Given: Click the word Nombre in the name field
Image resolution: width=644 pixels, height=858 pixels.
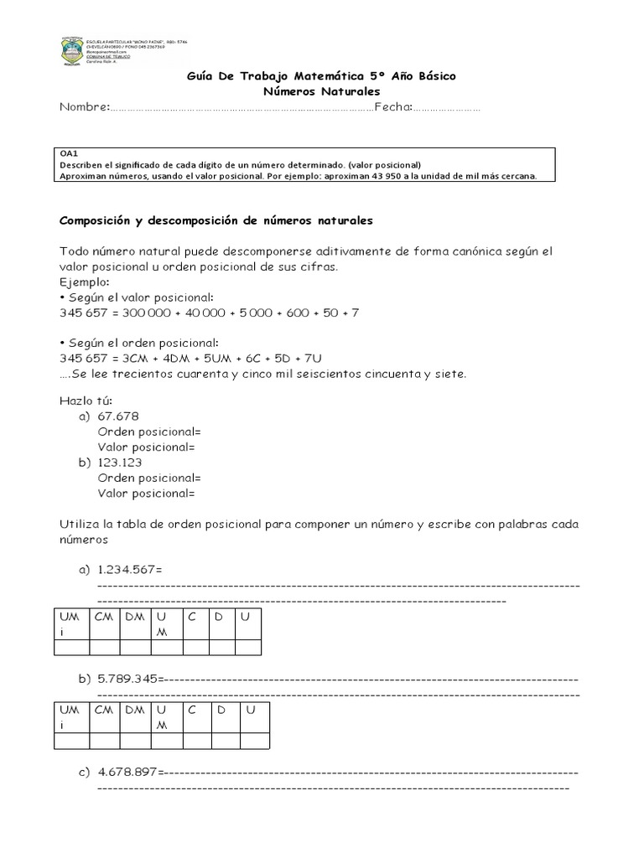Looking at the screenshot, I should coord(83,107).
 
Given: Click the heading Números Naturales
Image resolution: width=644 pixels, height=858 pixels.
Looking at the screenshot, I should coord(321,90).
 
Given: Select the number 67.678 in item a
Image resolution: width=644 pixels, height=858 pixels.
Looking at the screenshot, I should coord(118,417).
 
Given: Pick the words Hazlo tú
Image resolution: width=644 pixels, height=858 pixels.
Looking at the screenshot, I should coord(80,402).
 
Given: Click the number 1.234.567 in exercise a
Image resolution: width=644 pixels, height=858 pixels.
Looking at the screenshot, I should coord(127,570).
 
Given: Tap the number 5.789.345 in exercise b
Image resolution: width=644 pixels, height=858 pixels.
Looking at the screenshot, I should coord(127,679).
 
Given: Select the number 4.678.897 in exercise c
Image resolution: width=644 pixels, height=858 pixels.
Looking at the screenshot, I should coord(127,772).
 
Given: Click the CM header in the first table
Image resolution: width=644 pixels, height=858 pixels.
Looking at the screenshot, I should coord(104,617).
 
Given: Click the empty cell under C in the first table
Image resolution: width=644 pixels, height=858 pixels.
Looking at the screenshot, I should coord(195,648).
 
